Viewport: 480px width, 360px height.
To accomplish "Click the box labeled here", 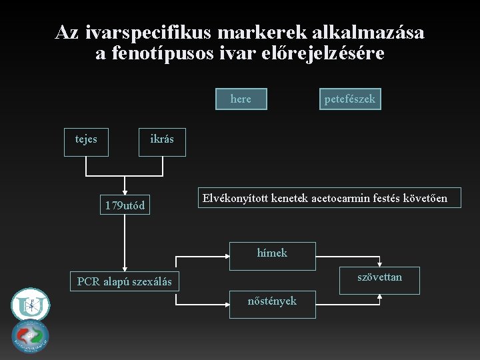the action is point(241,99).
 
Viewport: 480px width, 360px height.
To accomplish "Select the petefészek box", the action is point(349,99).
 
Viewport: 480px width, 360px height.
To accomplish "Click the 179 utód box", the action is point(124,205).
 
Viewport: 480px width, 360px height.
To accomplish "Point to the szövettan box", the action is point(379,279).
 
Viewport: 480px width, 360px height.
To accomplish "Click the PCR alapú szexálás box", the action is point(124,282).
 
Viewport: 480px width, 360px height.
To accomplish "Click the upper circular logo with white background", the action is point(30,305).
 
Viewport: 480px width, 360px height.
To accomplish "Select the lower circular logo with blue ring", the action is point(30,337).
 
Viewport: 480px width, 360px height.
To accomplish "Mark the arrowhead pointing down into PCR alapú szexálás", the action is point(124,267).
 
